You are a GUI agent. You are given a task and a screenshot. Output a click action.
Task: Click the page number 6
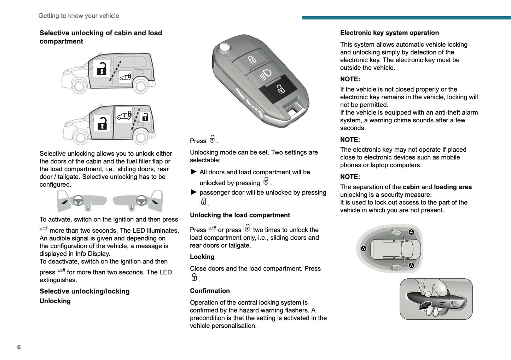click(x=19, y=347)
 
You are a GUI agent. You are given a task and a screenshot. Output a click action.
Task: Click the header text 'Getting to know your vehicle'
click(x=79, y=16)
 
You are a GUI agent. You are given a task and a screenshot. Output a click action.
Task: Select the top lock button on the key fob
click(x=252, y=59)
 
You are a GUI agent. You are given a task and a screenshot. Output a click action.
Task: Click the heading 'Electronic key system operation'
click(x=389, y=33)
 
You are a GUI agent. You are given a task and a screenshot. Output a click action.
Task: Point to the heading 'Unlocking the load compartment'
click(x=240, y=215)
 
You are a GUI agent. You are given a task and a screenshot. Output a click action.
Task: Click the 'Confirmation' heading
click(x=210, y=291)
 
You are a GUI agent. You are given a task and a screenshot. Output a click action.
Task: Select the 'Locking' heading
click(x=202, y=257)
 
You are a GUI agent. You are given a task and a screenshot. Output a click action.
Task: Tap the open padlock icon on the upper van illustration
click(x=102, y=69)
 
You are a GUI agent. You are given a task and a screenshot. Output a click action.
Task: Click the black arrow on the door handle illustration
click(x=425, y=305)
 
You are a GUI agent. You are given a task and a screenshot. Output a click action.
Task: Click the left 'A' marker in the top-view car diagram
click(x=364, y=249)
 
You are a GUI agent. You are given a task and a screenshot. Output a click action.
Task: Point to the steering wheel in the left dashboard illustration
click(x=78, y=201)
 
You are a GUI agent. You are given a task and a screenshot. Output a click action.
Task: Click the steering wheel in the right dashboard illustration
click(x=141, y=201)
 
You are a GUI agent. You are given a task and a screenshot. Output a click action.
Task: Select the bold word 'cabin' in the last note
click(x=411, y=187)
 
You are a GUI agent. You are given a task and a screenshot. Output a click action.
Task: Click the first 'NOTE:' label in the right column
click(x=350, y=79)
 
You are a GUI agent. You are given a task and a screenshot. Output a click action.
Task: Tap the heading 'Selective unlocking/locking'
click(x=85, y=291)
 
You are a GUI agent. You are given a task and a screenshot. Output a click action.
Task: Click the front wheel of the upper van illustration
click(x=79, y=85)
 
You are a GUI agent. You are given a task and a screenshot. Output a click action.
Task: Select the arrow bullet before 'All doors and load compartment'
click(x=193, y=172)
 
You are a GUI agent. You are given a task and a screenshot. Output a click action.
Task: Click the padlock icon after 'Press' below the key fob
click(x=212, y=139)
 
